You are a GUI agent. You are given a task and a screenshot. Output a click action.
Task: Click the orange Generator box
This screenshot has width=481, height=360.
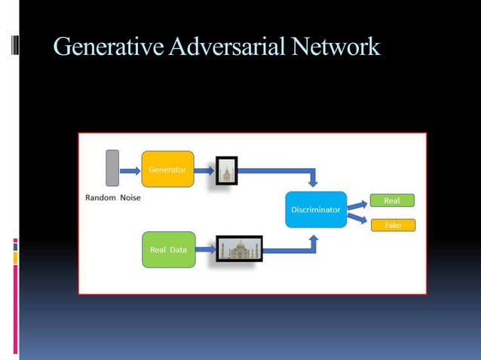[167, 169]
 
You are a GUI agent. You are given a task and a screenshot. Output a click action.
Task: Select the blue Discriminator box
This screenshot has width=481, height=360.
[316, 209]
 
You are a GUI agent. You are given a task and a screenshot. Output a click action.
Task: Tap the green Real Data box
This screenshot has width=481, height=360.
[168, 249]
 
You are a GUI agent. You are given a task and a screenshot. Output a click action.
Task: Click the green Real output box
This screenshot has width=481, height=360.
[391, 201]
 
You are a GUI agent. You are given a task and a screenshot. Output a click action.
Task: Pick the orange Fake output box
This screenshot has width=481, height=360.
[392, 224]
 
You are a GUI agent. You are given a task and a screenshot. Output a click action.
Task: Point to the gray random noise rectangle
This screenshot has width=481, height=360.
[112, 168]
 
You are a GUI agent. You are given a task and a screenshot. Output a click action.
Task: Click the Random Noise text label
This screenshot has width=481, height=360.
[112, 198]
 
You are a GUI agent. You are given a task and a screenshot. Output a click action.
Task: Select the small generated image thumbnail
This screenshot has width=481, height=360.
[226, 171]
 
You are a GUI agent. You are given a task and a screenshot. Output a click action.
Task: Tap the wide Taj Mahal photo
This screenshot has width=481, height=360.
[239, 249]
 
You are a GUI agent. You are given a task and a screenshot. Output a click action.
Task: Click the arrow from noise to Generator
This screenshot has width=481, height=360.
[130, 171]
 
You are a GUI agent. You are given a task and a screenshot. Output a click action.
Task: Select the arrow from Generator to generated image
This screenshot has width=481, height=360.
[204, 171]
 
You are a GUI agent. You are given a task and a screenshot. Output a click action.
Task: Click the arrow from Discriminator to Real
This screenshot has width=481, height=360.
[357, 204]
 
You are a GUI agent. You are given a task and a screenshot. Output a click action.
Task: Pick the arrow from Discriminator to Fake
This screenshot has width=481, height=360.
[357, 219]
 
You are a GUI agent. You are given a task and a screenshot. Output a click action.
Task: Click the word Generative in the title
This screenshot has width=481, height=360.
[109, 47]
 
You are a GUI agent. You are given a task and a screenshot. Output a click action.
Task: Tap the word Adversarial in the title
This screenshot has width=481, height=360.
[226, 47]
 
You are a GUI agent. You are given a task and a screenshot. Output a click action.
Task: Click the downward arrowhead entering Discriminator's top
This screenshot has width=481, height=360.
[314, 182]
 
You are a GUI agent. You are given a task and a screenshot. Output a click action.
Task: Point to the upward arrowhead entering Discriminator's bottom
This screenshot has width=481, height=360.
[314, 239]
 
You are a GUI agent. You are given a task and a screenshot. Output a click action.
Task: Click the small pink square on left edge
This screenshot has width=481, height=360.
[15, 242]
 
